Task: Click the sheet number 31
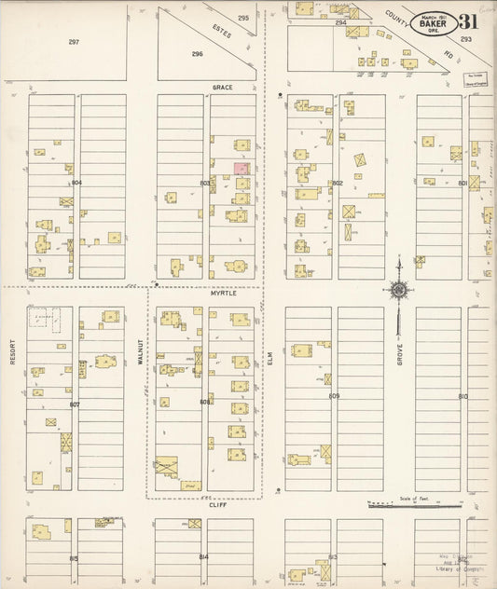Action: tap(470, 22)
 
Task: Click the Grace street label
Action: tap(222, 87)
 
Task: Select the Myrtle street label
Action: tap(223, 293)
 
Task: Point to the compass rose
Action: tap(399, 291)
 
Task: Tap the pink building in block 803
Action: tap(241, 169)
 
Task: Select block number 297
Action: tap(74, 42)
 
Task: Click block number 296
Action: tap(197, 54)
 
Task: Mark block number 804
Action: tap(76, 183)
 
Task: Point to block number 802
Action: tap(337, 183)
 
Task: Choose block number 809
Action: tap(334, 396)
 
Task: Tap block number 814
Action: tap(203, 556)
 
